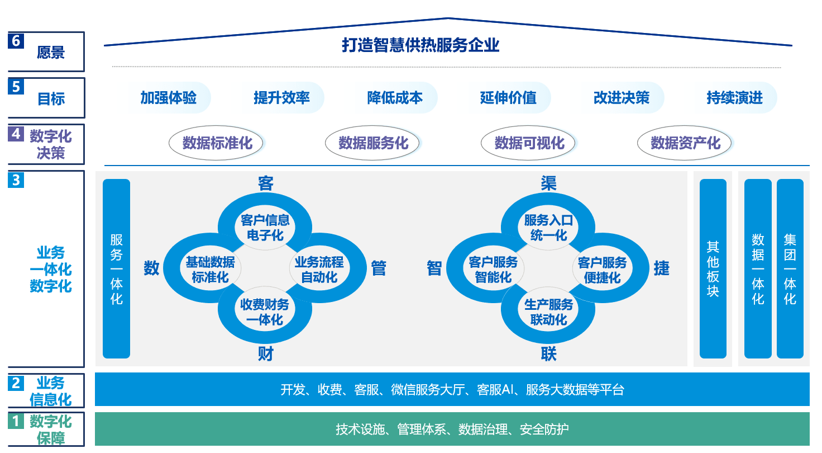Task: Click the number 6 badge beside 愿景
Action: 16,41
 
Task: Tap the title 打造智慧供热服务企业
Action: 420,45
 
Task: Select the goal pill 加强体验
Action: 169,98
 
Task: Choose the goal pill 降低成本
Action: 395,98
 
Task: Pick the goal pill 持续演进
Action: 735,98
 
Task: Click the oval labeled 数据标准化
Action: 216,143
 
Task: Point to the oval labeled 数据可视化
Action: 528,143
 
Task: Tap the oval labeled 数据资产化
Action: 685,143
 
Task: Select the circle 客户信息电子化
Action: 265,228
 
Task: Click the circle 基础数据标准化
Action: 211,269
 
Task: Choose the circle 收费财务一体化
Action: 265,312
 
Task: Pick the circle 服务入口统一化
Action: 548,228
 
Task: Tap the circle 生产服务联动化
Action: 548,312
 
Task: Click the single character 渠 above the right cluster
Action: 548,183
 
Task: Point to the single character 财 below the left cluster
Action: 265,354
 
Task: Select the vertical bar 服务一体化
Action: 116,268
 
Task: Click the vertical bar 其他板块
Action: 713,268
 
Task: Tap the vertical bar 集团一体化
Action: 790,268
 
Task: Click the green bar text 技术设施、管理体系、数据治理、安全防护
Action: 452,429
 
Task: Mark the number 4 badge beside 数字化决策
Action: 16,134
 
